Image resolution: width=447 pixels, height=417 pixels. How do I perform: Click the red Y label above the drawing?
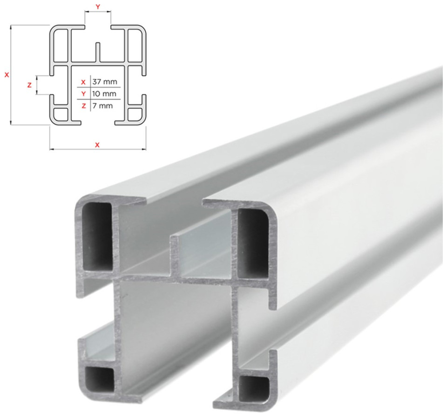click(x=98, y=7)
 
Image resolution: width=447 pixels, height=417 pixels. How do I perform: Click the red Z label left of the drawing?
click(x=29, y=85)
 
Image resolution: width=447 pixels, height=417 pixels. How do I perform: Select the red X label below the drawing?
click(x=97, y=145)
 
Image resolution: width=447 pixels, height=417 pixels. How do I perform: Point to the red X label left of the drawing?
click(x=7, y=75)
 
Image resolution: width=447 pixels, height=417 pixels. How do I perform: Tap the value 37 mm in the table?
click(x=105, y=82)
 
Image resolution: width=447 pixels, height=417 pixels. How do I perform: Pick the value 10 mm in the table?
click(x=104, y=94)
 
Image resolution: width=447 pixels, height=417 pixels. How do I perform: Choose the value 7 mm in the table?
click(x=102, y=106)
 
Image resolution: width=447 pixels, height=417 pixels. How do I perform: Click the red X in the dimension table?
click(x=83, y=82)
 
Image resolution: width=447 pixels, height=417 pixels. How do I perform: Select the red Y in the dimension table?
click(x=83, y=94)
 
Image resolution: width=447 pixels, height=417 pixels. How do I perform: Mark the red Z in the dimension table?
click(x=84, y=106)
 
